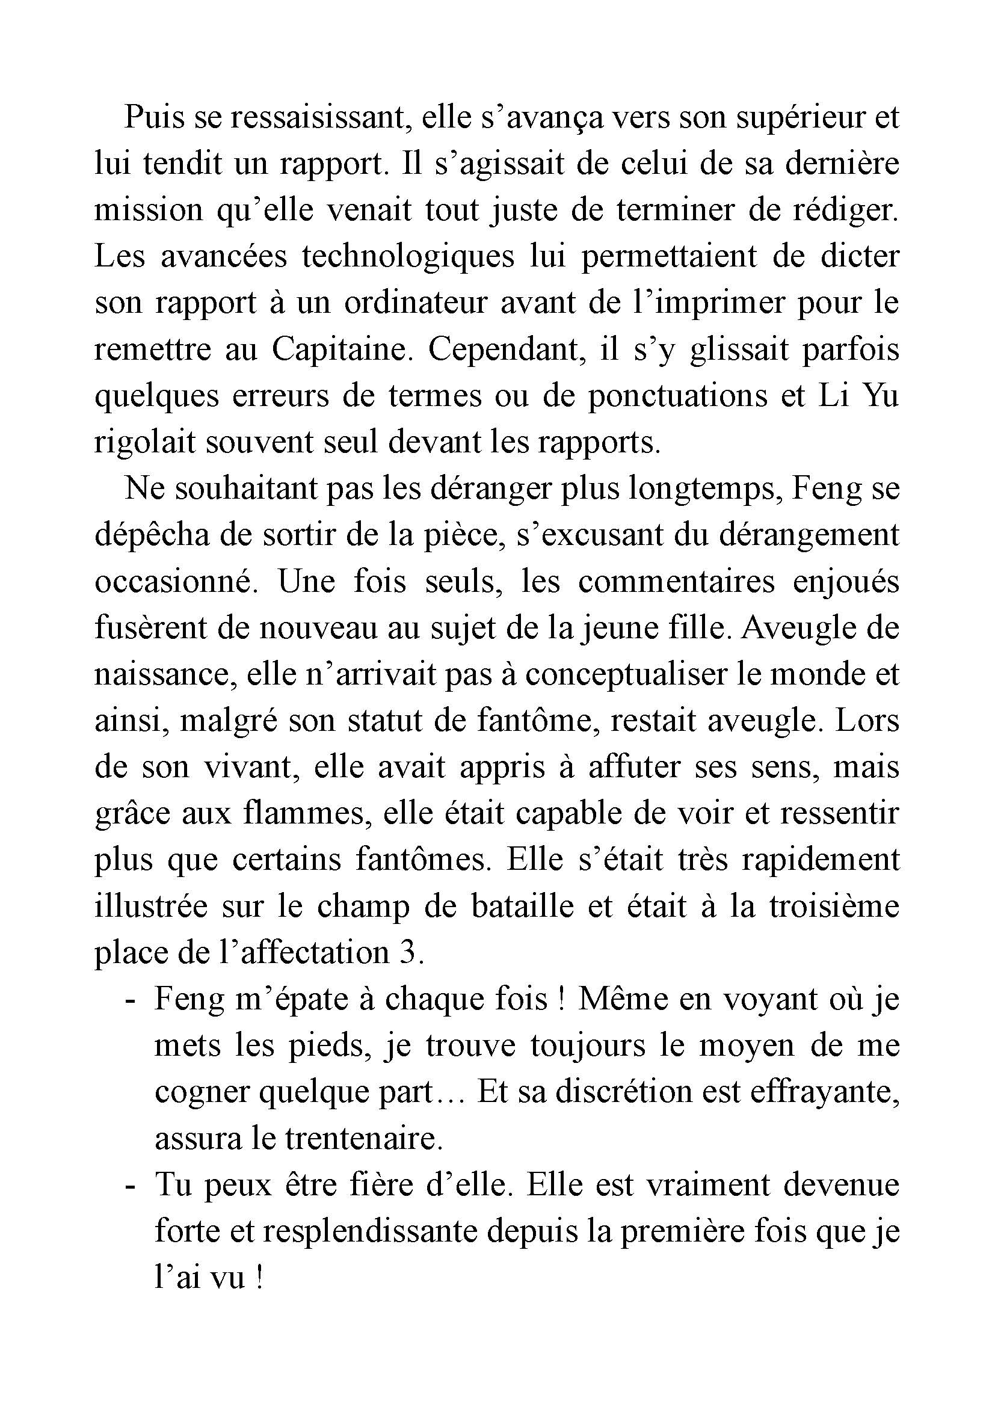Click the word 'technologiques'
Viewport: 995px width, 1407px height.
(408, 256)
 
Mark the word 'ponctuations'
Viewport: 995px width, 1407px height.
(677, 396)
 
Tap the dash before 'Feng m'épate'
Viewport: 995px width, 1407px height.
(129, 1001)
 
